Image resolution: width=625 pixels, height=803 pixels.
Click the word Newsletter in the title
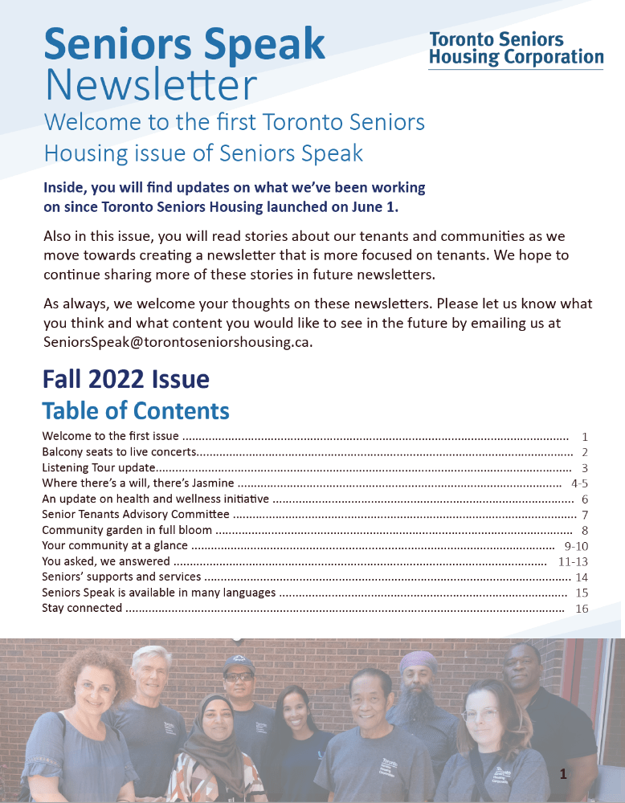[x=151, y=84]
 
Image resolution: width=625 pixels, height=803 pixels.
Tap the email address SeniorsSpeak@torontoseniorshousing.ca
[x=178, y=340]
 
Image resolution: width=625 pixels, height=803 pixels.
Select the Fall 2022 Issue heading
[x=125, y=378]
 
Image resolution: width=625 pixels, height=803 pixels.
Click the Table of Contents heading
[x=136, y=410]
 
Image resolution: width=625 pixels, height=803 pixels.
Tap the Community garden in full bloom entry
[x=127, y=530]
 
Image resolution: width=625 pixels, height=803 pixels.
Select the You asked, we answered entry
[x=106, y=561]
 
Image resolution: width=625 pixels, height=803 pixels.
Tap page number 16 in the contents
[x=582, y=609]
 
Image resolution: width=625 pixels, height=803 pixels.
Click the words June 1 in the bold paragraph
[x=376, y=207]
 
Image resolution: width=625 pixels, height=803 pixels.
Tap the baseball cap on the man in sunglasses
[x=239, y=665]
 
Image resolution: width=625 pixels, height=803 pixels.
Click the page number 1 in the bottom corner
[x=563, y=774]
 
